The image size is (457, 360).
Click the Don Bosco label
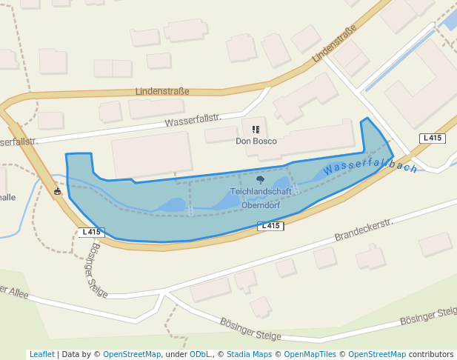(x=256, y=141)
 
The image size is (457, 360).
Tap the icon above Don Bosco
(x=256, y=129)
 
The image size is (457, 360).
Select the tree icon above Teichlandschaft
(x=260, y=179)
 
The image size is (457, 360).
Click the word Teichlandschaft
(x=261, y=191)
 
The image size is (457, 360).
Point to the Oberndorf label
(x=261, y=205)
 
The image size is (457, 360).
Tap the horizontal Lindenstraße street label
(x=162, y=91)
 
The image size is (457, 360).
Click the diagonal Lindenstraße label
(x=334, y=44)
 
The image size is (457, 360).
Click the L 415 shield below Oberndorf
(x=270, y=226)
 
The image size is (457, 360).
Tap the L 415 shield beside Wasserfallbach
(x=432, y=139)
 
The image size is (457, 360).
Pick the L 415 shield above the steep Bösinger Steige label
(x=90, y=232)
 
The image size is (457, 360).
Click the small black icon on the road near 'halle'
(x=58, y=192)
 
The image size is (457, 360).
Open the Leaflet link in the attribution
(x=41, y=354)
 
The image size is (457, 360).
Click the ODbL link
(x=199, y=354)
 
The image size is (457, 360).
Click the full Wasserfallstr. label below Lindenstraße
(x=193, y=120)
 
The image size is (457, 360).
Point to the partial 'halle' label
(x=7, y=197)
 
